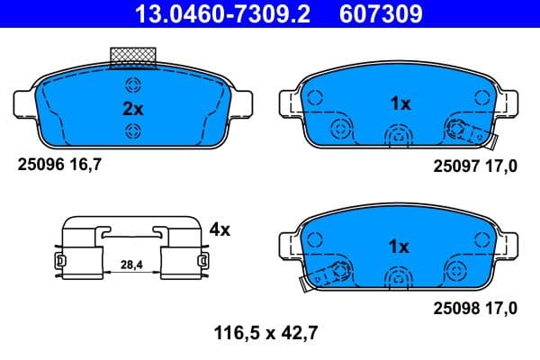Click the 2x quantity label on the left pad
coord(133,109)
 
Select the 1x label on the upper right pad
coord(400,103)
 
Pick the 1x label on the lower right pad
coord(400,246)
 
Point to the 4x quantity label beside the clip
coord(219,229)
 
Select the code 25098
coord(454,309)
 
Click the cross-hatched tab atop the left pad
coord(133,58)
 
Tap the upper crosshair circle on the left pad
coord(133,86)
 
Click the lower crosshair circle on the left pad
coord(133,132)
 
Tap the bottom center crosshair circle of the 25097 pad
coord(396,136)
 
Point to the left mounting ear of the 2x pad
coord(24,102)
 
